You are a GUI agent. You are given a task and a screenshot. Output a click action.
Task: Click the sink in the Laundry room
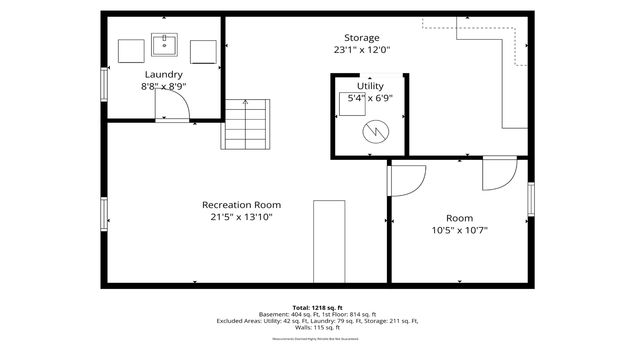pos(164,45)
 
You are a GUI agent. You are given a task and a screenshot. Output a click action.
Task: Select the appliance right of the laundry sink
pos(203,51)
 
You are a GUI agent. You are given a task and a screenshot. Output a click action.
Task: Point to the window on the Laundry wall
pos(103,83)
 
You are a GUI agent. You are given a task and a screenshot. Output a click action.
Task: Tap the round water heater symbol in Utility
pos(375,130)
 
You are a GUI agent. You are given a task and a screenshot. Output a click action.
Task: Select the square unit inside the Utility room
pos(352,108)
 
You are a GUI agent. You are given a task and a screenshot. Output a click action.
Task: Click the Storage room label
pos(361,37)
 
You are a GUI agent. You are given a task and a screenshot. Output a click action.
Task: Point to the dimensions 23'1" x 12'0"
pos(361,50)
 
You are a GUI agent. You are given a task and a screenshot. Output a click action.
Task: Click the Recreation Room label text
pos(240,204)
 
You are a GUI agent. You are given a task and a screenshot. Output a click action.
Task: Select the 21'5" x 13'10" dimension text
pos(240,217)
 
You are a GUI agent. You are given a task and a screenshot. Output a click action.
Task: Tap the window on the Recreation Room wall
pos(103,213)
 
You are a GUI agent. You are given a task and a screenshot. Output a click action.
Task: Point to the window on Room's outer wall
pos(531,199)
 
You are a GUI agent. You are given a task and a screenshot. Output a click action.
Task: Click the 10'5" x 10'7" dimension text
pos(460,230)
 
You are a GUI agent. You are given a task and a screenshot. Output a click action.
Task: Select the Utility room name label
pos(370,86)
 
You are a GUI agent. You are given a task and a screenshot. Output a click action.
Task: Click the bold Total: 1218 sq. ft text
pos(318,307)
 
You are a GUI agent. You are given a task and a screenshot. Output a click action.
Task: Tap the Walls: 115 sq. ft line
pos(318,328)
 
